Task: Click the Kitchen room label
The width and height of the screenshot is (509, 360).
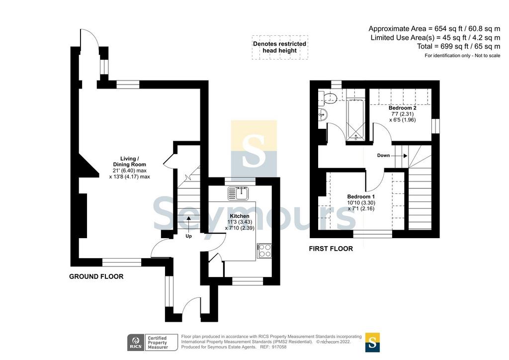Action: pyautogui.click(x=240, y=216)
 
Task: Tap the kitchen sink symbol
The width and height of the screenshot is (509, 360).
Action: pyautogui.click(x=238, y=193)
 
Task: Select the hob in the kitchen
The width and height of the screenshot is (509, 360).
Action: pyautogui.click(x=264, y=251)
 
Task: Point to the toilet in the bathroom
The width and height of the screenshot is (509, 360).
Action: pyautogui.click(x=329, y=97)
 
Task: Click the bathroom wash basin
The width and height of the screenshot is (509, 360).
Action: pyautogui.click(x=323, y=114)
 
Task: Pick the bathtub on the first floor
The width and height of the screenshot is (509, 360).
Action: pyautogui.click(x=356, y=120)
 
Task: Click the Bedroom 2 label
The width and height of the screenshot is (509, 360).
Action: pyautogui.click(x=402, y=108)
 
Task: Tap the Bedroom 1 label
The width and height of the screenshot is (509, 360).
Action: pyautogui.click(x=361, y=197)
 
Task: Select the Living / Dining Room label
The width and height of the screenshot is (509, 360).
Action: pyautogui.click(x=129, y=161)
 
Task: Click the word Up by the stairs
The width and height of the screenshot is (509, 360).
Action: pyautogui.click(x=188, y=236)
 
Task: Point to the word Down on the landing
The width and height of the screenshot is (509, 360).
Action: pyautogui.click(x=383, y=156)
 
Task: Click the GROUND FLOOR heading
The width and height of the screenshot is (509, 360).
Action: pyautogui.click(x=96, y=276)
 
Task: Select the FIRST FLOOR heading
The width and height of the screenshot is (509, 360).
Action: pyautogui.click(x=331, y=249)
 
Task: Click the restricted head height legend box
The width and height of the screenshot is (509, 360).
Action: pyautogui.click(x=280, y=47)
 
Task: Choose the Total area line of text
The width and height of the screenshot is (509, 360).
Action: pyautogui.click(x=459, y=46)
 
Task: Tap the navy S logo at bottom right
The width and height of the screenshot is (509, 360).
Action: pyautogui.click(x=372, y=343)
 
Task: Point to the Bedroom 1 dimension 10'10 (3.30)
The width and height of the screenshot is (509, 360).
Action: pyautogui.click(x=361, y=202)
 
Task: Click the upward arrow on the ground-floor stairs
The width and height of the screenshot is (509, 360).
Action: pyautogui.click(x=188, y=224)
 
